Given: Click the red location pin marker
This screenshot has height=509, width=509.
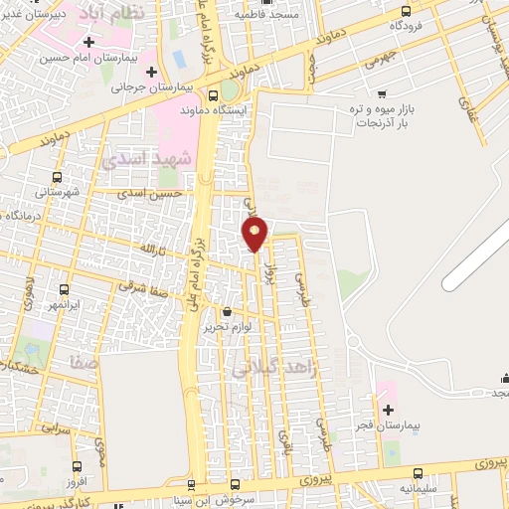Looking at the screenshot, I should point(255,234).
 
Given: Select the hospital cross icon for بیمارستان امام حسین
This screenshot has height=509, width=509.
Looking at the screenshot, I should point(90,43).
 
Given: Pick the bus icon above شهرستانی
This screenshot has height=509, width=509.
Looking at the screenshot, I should point(58,173).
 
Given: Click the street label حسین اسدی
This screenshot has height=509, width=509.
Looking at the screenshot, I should point(150,193).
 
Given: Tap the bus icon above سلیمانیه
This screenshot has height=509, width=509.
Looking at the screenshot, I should point(419,473).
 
